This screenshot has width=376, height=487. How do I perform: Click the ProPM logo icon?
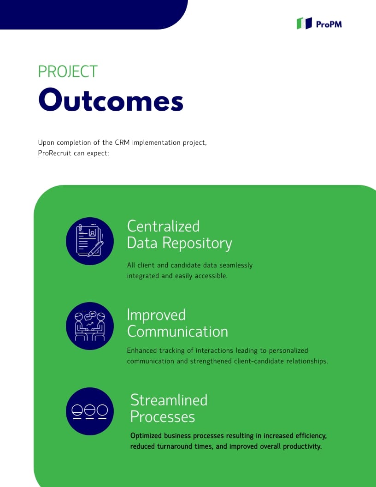point(304,24)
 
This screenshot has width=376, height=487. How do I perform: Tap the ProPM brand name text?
point(329,24)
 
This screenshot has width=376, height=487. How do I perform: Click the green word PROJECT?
point(68,71)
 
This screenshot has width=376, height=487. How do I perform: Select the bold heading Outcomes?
point(111,100)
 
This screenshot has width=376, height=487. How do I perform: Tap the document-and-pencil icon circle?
point(90,241)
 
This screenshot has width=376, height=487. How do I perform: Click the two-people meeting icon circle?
point(90,326)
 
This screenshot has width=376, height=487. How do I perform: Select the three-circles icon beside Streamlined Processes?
point(90,411)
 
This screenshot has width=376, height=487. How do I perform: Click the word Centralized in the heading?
point(164,226)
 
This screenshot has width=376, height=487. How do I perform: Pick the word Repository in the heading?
point(197,243)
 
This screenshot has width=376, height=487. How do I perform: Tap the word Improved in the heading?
point(156,315)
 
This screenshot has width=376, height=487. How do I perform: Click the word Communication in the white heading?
point(178,332)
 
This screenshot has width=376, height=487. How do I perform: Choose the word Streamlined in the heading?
point(169,400)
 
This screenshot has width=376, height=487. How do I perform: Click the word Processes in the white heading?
point(163,416)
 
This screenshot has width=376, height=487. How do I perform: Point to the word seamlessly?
point(236,265)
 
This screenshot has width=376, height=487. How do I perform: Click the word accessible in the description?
point(211,276)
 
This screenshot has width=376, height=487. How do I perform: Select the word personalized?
point(288,350)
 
